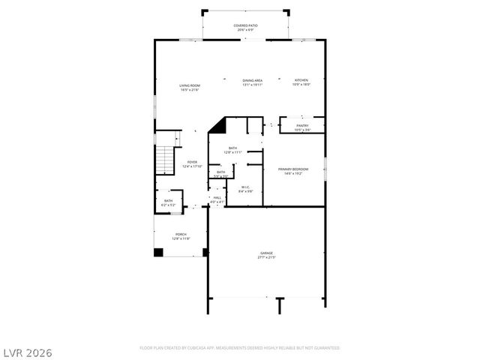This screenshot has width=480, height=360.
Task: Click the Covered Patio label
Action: click(x=245, y=28)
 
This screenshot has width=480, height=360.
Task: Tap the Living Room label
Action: click(x=189, y=87)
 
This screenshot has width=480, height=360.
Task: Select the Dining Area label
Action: click(x=252, y=82)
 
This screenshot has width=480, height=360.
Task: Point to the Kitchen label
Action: click(x=301, y=82)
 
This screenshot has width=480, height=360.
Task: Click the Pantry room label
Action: click(x=302, y=127)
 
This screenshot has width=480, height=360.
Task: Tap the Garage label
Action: click(x=267, y=256)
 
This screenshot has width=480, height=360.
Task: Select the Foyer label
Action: click(x=192, y=164)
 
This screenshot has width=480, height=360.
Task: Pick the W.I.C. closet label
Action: click(x=246, y=190)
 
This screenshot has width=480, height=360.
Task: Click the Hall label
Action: click(x=217, y=199)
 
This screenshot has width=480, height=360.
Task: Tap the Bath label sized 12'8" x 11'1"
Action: click(x=233, y=150)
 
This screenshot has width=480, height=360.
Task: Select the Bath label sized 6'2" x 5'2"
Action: click(x=168, y=202)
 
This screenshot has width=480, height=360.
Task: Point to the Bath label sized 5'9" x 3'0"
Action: click(x=220, y=174)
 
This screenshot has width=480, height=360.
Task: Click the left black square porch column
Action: click(x=158, y=252)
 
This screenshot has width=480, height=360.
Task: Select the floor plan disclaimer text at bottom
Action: click(x=240, y=348)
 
